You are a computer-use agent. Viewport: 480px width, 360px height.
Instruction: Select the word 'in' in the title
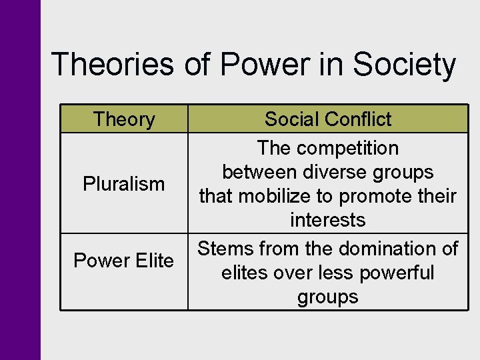tap(322, 65)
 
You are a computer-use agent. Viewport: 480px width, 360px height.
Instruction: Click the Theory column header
tap(124, 119)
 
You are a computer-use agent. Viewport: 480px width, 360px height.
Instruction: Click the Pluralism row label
tap(124, 183)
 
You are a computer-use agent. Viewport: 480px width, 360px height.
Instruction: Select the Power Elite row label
tap(124, 261)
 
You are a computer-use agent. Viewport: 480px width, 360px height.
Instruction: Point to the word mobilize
tap(274, 196)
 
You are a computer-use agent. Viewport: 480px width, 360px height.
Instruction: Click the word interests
tap(327, 220)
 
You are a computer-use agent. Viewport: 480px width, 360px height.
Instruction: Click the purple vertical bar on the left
tap(20, 180)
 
